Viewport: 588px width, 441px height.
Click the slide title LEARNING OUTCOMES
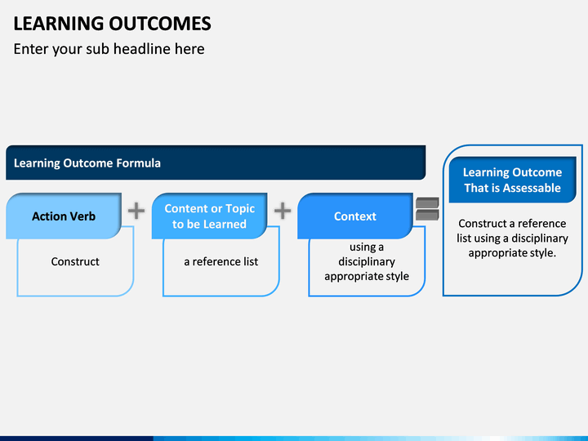click(112, 23)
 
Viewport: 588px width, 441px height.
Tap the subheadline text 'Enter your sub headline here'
click(109, 49)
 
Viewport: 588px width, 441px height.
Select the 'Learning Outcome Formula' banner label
click(87, 163)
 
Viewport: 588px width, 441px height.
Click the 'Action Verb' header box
click(64, 216)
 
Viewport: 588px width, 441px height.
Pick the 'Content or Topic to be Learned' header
click(209, 216)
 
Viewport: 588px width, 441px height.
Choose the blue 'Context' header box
click(355, 216)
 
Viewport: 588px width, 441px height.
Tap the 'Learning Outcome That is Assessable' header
click(512, 180)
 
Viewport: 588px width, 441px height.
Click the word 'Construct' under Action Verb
click(75, 261)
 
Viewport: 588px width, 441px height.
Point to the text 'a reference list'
click(220, 261)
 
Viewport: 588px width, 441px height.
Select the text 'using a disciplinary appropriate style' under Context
click(367, 261)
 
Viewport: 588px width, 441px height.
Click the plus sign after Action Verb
click(136, 211)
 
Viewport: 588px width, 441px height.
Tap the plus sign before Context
click(283, 211)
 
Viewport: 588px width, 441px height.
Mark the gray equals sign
click(427, 209)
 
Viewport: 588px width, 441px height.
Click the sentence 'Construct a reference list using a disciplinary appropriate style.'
click(512, 238)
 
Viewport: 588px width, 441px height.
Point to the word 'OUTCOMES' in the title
click(160, 23)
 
